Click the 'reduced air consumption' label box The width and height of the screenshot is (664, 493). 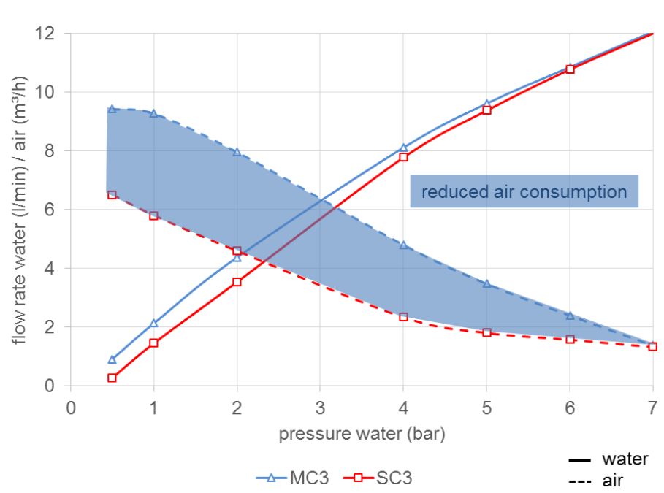point(524,191)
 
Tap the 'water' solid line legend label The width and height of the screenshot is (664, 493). point(625,459)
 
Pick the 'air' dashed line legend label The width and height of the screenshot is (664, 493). point(614,481)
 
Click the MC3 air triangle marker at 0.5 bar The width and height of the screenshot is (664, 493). point(112,109)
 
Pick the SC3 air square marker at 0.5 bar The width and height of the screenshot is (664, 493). point(112,195)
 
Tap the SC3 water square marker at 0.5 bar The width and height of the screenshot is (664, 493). point(112,378)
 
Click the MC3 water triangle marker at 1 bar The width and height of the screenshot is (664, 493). point(153,323)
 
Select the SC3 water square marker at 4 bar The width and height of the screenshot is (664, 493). point(403,157)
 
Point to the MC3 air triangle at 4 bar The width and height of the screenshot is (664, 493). point(403,245)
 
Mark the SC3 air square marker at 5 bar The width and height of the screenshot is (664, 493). point(486,332)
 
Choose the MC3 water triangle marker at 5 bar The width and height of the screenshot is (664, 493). point(486,104)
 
